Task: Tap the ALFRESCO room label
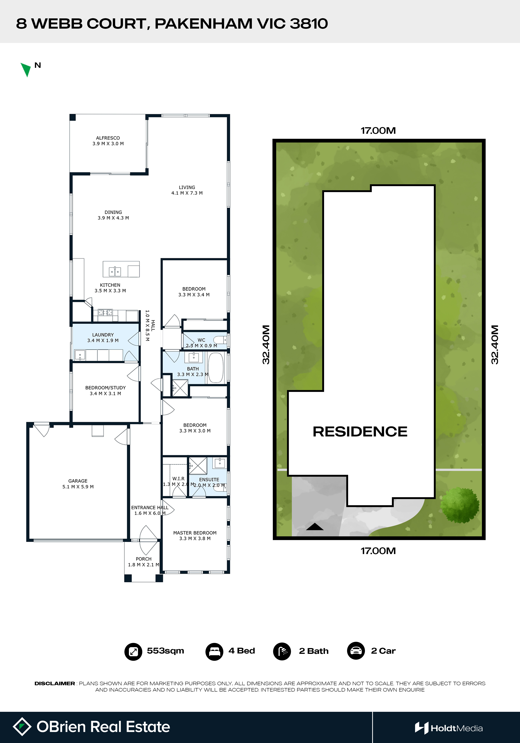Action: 108,138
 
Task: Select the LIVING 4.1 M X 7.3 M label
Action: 187,190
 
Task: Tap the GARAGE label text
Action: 78,481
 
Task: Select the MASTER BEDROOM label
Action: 195,533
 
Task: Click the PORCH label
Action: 144,559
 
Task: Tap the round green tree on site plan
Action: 460,505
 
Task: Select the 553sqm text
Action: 165,651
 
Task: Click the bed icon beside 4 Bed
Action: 214,651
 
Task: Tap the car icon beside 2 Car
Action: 356,651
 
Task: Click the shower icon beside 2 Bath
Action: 282,651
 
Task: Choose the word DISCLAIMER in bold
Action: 55,683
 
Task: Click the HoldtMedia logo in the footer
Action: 449,728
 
